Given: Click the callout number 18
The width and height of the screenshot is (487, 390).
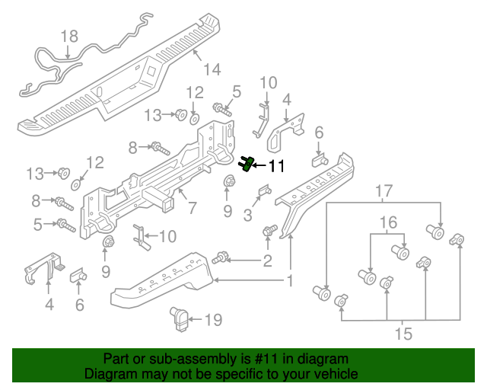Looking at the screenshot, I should [69, 36].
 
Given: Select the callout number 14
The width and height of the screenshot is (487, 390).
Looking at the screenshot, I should [212, 69].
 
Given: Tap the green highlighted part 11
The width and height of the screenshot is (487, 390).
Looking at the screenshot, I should [247, 163].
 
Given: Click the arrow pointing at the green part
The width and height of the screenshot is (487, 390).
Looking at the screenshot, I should [259, 165].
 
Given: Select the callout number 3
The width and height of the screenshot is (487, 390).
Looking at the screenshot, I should [247, 216].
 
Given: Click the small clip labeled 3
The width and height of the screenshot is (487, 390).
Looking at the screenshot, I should [265, 190].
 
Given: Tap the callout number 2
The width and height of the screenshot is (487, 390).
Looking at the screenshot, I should [267, 262].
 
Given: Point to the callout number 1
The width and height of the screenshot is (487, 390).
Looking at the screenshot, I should [290, 281].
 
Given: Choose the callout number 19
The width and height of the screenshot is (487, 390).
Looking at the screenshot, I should [214, 320].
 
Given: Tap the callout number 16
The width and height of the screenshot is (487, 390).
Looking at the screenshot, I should [388, 222].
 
